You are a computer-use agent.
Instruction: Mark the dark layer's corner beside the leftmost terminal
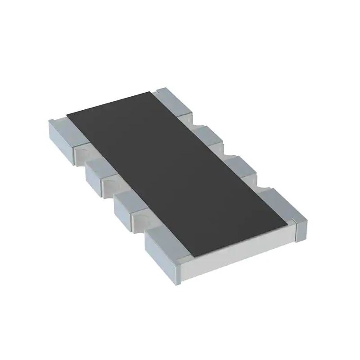[67, 115]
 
